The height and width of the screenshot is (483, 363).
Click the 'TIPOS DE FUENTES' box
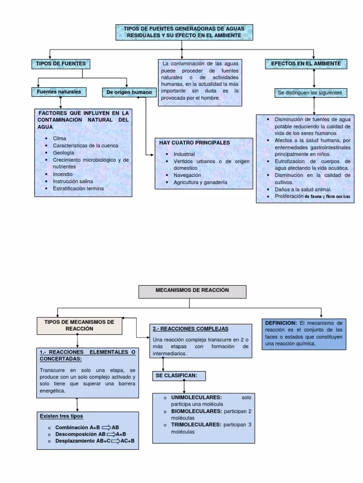click(x=60, y=63)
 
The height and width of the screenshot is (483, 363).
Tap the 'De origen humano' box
click(x=130, y=92)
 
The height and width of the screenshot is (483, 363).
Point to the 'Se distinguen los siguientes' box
click(x=311, y=93)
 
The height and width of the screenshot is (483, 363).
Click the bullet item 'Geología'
click(x=64, y=153)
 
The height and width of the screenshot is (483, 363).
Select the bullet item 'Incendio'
click(x=63, y=174)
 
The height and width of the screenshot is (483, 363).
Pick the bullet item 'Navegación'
click(x=187, y=175)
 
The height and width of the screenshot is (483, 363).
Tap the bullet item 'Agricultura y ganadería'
click(x=200, y=182)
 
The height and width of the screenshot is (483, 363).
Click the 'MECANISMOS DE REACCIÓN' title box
click(x=192, y=291)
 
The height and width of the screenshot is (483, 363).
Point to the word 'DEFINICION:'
click(x=281, y=323)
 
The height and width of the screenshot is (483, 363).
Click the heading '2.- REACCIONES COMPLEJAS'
click(x=190, y=328)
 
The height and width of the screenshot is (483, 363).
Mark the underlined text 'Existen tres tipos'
click(x=61, y=416)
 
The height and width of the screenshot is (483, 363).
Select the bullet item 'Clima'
click(x=60, y=139)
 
